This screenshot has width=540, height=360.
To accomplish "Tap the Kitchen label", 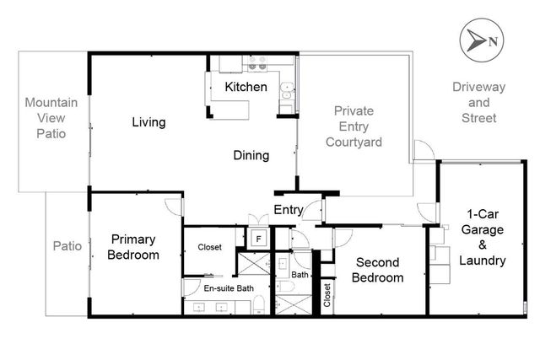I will pos(246,87).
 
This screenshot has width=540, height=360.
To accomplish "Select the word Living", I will pos(148,123).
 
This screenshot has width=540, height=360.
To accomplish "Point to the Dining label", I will pos(251,155).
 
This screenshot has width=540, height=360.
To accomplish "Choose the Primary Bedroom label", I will pos(133,247).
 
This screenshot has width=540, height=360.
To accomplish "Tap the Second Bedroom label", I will pos(377,270).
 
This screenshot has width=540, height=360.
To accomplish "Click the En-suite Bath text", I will pos(229,288).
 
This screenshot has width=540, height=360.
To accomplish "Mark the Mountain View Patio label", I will pos(51,118).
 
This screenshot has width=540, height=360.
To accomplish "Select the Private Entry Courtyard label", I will pos(354,126).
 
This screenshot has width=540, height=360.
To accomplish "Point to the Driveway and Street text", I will pos(473,102).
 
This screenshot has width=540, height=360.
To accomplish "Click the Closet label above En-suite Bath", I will pos(210,247).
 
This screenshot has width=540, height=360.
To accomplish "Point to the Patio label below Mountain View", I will pos(67,247).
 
